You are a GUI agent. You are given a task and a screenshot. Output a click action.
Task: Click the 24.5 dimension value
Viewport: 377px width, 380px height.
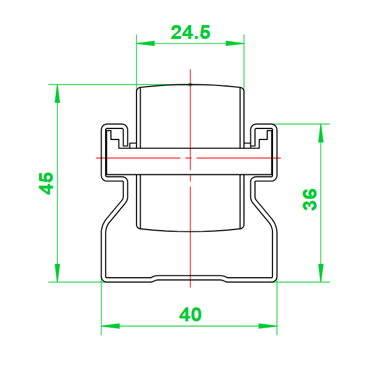191,32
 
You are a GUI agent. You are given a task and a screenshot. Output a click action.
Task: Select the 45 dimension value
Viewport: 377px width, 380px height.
46,183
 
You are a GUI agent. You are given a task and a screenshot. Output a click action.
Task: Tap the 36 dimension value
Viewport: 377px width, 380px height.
310,199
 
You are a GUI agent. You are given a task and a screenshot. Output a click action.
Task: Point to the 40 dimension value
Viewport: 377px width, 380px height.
190,314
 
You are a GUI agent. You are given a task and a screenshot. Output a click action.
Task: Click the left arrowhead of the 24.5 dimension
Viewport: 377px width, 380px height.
145,44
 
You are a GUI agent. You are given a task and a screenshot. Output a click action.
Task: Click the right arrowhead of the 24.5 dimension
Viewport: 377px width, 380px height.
235,44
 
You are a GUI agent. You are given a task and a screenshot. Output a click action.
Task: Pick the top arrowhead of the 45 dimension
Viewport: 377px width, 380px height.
57,94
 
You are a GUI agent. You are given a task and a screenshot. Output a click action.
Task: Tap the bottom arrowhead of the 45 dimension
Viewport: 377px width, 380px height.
57,273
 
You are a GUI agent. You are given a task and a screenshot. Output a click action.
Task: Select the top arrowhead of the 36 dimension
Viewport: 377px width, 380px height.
321,133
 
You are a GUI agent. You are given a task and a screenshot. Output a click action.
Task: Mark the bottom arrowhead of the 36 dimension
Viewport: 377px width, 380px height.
321,273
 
